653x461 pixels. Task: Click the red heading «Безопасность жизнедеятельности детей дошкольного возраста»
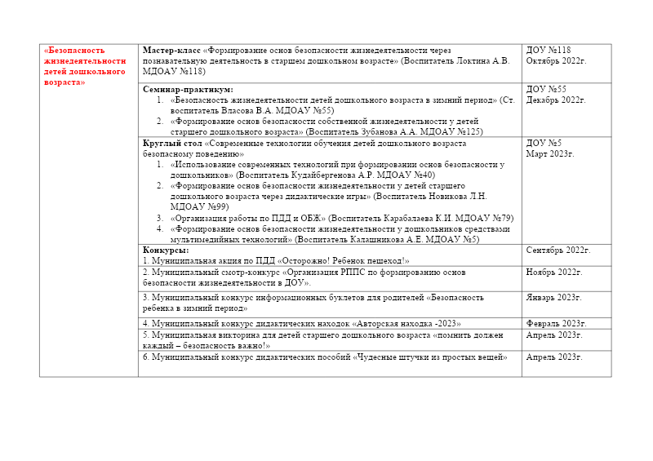[x=85, y=66]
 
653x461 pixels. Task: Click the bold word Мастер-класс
[x=171, y=51]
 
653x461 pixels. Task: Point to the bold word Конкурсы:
[x=166, y=250]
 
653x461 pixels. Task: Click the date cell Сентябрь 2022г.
[x=558, y=250]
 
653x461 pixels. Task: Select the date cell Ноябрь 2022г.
[x=555, y=272]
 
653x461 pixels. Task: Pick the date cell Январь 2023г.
[x=554, y=297]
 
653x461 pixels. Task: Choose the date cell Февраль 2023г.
[x=557, y=323]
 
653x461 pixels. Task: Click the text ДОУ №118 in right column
[x=549, y=51]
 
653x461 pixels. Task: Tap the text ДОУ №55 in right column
[x=546, y=89]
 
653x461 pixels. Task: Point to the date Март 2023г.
[x=550, y=153]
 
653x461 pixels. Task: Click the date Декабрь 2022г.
[x=556, y=100]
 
